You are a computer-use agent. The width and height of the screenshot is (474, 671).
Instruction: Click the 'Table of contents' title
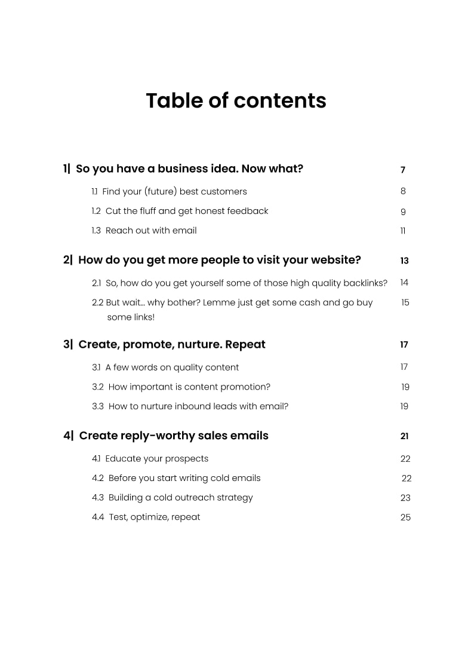[x=236, y=100]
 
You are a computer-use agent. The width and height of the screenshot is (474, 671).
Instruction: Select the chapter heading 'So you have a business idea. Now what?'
[x=189, y=169]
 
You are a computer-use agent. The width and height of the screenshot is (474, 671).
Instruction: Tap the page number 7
[x=403, y=170]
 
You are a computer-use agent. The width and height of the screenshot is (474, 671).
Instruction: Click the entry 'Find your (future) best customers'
[x=174, y=192]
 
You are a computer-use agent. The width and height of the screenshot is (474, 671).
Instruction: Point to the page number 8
[x=403, y=191]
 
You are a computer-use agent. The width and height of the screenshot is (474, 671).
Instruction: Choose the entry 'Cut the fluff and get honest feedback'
[x=187, y=211]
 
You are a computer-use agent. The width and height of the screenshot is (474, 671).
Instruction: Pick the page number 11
[x=403, y=231]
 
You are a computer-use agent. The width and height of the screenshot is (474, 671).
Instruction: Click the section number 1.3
[x=96, y=231]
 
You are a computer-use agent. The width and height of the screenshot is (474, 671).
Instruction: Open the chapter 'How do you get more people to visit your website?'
[x=219, y=261]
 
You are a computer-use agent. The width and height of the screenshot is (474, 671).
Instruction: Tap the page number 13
[x=404, y=261]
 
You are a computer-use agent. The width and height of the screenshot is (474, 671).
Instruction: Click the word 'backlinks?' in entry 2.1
[x=365, y=283]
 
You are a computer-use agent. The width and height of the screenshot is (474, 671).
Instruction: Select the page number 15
[x=405, y=303]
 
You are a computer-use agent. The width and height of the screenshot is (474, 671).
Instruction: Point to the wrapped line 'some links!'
[x=131, y=317]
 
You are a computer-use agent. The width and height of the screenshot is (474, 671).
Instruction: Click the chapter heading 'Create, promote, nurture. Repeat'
[x=172, y=345]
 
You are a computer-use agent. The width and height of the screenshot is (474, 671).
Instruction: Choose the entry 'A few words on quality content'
[x=172, y=367]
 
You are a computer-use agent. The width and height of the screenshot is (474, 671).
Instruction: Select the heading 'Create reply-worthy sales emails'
[x=174, y=436]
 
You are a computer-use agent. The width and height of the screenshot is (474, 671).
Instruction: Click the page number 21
[x=404, y=437]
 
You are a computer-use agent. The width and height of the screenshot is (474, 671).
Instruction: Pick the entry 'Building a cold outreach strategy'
[x=180, y=498]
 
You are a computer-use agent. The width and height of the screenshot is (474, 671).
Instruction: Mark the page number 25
[x=405, y=517]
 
